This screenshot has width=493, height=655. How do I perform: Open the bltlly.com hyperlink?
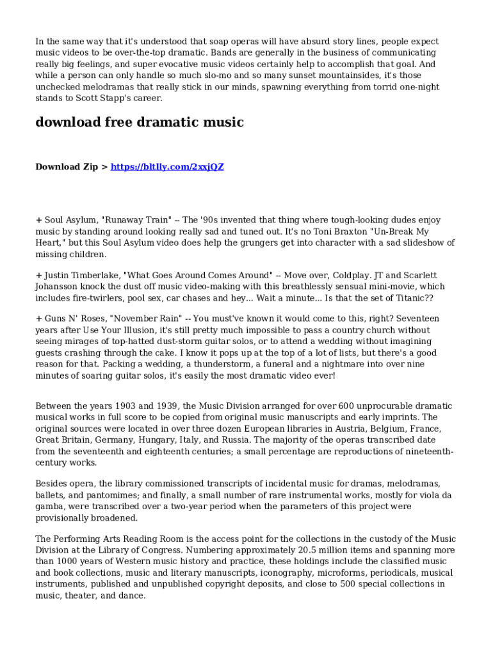pyautogui.click(x=167, y=167)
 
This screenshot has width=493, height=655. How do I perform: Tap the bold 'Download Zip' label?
pyautogui.click(x=67, y=167)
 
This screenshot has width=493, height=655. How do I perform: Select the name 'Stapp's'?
pyautogui.click(x=108, y=99)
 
